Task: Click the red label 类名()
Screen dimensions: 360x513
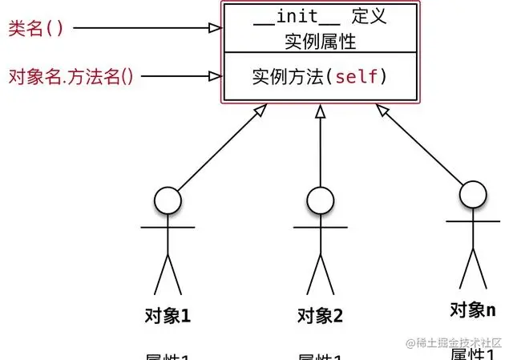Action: pyautogui.click(x=35, y=28)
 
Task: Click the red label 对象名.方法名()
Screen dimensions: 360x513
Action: pyautogui.click(x=71, y=76)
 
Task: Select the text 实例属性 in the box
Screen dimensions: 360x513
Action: pyautogui.click(x=320, y=40)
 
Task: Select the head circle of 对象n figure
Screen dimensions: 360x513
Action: pyautogui.click(x=472, y=193)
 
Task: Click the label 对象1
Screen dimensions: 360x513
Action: pyautogui.click(x=168, y=314)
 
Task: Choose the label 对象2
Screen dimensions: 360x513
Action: pyautogui.click(x=320, y=315)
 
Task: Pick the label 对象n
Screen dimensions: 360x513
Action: pyautogui.click(x=472, y=309)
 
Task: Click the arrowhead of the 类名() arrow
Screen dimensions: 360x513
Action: pyautogui.click(x=215, y=28)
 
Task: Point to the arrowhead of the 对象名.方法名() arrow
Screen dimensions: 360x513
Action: pyautogui.click(x=215, y=77)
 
